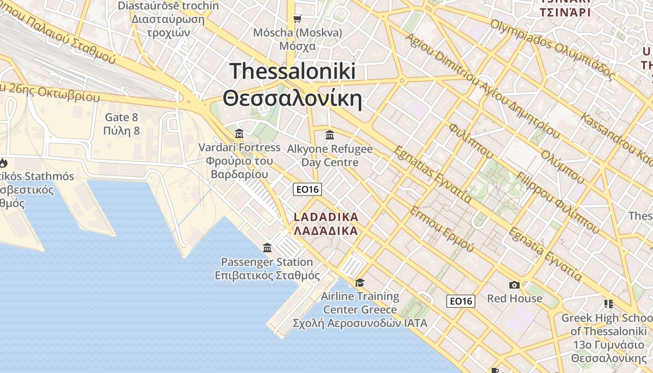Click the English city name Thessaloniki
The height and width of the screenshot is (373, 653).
(292, 71)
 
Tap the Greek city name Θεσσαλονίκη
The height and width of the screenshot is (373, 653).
(292, 99)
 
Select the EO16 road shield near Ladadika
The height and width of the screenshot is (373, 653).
(307, 189)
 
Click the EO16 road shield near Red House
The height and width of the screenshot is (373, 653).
(461, 301)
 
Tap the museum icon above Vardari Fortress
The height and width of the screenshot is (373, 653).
(239, 134)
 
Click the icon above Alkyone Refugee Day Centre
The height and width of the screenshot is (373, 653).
(330, 135)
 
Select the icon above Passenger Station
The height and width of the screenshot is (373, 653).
(267, 248)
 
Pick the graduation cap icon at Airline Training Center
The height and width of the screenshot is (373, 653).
(360, 283)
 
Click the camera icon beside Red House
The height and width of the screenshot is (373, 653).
(514, 285)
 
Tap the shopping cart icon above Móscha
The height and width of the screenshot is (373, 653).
(297, 19)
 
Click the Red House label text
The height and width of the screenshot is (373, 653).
(514, 298)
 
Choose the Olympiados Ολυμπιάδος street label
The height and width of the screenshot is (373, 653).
(552, 49)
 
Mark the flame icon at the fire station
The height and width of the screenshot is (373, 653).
(3, 163)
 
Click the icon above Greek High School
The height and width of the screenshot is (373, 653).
(608, 304)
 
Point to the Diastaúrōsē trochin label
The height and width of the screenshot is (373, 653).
(168, 6)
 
